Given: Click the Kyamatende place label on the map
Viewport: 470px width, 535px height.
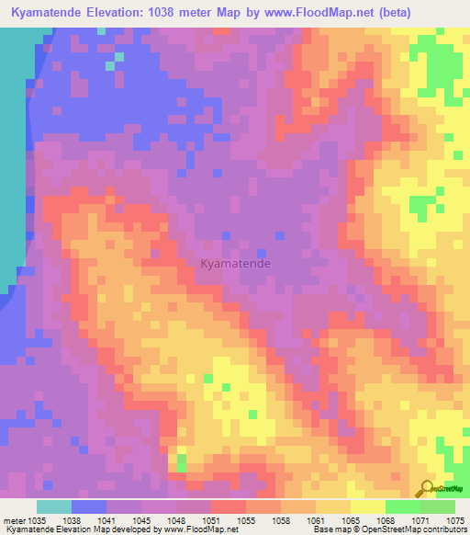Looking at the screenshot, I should tap(235, 264).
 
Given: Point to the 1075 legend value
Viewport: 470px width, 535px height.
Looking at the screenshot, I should tap(455, 520).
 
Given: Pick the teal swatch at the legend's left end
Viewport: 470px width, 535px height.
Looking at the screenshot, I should tap(53, 507).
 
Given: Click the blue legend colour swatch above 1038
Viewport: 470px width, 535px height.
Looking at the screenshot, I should tap(88, 507).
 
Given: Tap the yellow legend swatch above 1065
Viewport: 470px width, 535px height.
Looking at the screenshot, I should tap(367, 507).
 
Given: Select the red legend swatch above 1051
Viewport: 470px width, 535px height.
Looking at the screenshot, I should tap(228, 507).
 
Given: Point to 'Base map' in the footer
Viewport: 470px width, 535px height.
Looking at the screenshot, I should tap(331, 530).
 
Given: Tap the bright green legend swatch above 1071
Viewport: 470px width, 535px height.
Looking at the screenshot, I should tap(402, 507).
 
